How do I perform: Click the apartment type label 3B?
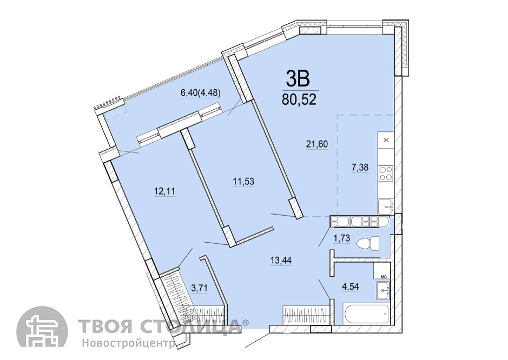[x=298, y=79]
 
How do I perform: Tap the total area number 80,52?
[x=299, y=99]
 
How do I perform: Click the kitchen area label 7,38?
[x=360, y=168]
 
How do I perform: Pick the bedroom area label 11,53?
[x=243, y=181]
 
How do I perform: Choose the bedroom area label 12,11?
[x=164, y=191]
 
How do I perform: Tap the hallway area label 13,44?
[x=281, y=260]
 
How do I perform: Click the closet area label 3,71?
[x=200, y=288]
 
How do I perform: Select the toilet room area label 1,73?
[x=342, y=238]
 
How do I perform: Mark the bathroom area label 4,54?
[x=351, y=286]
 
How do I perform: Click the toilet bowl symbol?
[x=367, y=243]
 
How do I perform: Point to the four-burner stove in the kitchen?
[x=385, y=173]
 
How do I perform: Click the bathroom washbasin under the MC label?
[x=383, y=290]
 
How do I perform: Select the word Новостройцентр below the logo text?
[x=128, y=343]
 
